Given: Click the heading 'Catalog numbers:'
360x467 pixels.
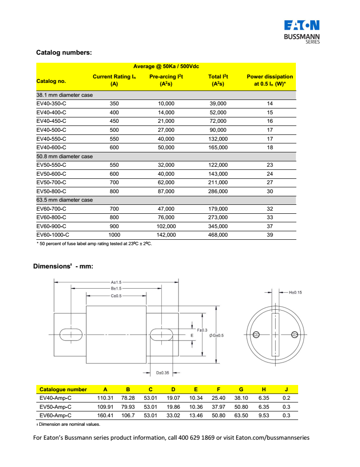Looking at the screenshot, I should (64, 52).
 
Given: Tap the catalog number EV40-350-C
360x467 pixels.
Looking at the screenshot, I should (51, 104).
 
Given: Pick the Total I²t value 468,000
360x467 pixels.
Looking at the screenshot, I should (218, 235).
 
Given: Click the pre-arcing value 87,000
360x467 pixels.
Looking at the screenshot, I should (166, 191).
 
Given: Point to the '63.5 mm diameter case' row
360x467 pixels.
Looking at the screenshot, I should (65, 200).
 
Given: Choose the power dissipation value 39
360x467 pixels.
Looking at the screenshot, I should (270, 235).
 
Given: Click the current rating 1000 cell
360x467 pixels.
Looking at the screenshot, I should (114, 235).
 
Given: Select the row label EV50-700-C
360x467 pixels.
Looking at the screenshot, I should (51, 182).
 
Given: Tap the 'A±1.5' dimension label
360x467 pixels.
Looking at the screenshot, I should (116, 282).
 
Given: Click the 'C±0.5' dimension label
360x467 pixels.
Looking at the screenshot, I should (116, 296).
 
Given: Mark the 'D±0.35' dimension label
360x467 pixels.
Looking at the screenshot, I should (162, 372).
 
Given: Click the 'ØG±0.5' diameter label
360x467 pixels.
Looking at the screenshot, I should (216, 335).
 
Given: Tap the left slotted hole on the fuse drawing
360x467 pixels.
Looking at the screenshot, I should (71, 334).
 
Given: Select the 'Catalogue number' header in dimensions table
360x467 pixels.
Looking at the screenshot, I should (63, 389).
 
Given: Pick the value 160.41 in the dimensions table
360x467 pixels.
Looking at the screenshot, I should (105, 415).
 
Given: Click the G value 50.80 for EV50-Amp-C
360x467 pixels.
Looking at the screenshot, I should (241, 407).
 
